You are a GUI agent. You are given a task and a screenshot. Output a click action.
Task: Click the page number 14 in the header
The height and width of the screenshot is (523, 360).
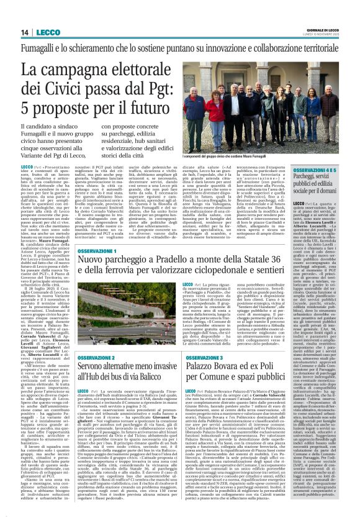[x=25, y=33]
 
